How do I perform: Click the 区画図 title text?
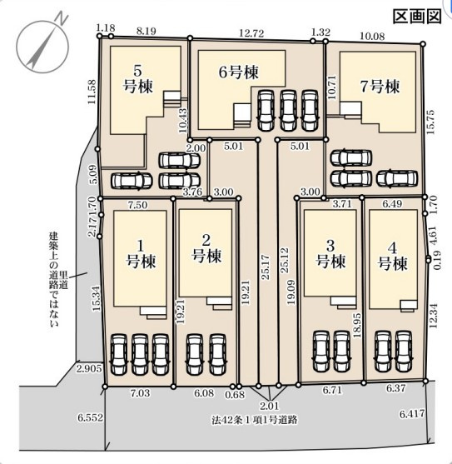click(417, 17)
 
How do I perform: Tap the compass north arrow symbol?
click(42, 47)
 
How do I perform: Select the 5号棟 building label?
click(137, 79)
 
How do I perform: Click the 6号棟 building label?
click(239, 72)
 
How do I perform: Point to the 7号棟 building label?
click(380, 87)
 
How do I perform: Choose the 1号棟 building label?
click(141, 254)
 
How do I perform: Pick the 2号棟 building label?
click(206, 248)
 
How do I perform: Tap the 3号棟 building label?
click(330, 253)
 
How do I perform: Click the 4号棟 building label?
click(393, 257)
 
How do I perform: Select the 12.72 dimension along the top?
click(251, 33)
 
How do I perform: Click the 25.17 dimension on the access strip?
click(266, 267)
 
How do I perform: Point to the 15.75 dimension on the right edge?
click(430, 122)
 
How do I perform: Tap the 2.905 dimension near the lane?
click(89, 369)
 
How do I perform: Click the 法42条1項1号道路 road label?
click(254, 420)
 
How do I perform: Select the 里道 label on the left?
click(64, 280)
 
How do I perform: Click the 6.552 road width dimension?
click(91, 417)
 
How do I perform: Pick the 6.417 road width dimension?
click(412, 414)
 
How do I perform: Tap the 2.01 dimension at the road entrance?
click(271, 406)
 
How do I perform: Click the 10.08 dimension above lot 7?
click(372, 37)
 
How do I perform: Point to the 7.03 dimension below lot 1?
click(140, 393)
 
